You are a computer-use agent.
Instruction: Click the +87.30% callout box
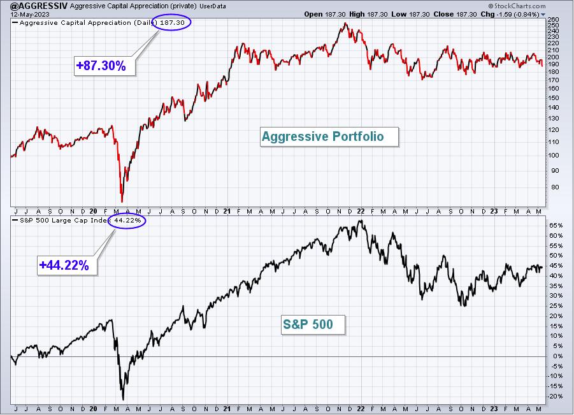[x=104, y=66]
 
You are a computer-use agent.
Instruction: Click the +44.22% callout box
[x=68, y=265]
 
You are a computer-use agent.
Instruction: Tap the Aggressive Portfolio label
[x=329, y=136]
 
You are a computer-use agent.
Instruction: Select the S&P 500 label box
[x=313, y=324]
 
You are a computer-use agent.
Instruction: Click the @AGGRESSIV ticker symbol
[x=39, y=6]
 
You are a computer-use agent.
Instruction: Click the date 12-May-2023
[x=25, y=14]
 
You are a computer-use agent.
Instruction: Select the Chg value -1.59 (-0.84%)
[x=517, y=14]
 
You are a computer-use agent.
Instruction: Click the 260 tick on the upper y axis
[x=554, y=20]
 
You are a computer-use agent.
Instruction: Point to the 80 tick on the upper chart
[x=556, y=187]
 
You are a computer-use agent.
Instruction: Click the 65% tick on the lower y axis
[x=556, y=226]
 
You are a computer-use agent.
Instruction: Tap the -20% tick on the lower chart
[x=555, y=397]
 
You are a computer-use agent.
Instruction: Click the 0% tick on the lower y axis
[x=558, y=356]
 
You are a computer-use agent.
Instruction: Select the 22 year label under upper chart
[x=361, y=212]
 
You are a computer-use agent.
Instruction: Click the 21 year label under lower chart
[x=227, y=409]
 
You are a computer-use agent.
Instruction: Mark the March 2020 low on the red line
[x=122, y=201]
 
